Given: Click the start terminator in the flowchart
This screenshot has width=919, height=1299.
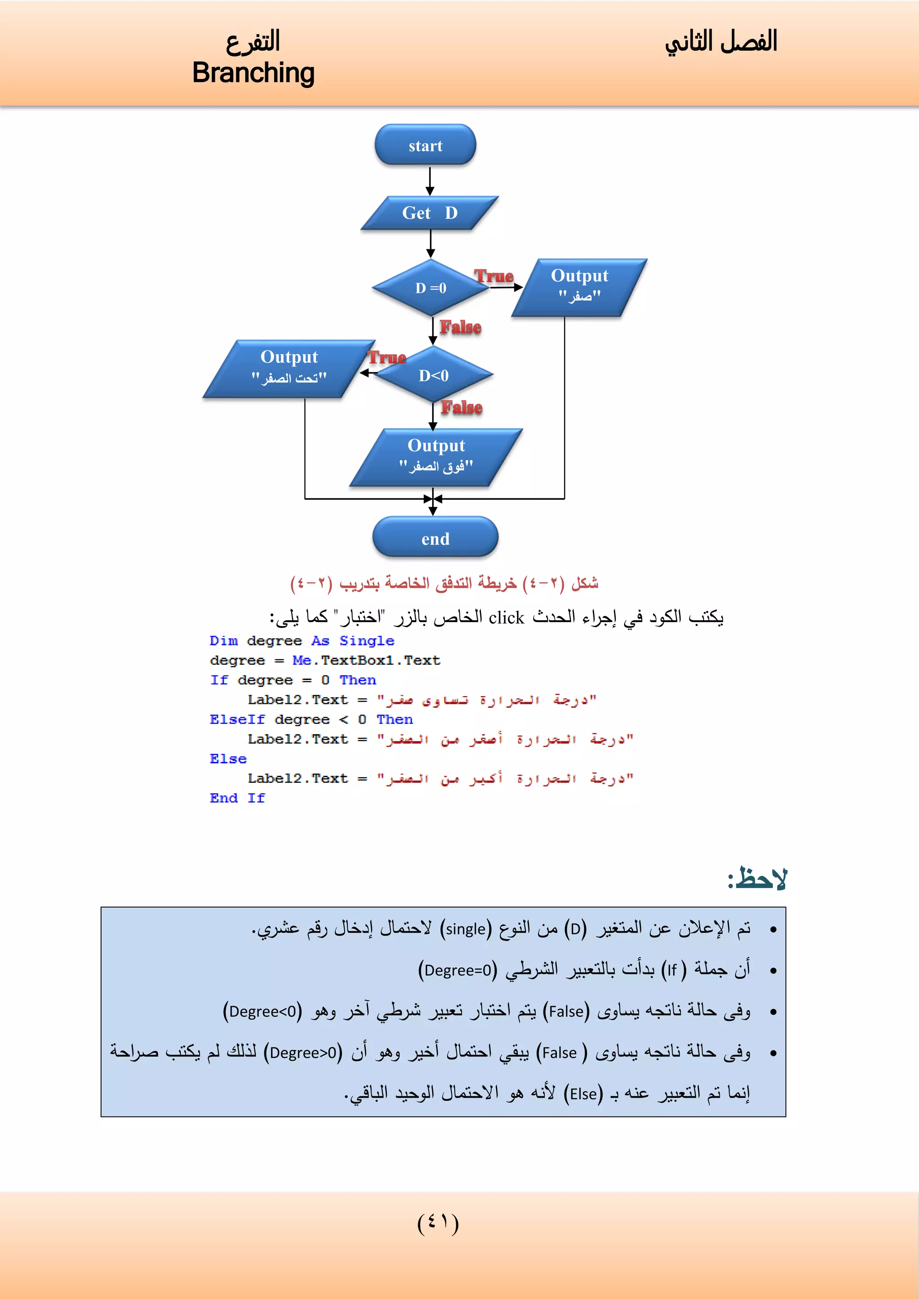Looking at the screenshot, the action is coord(425,145).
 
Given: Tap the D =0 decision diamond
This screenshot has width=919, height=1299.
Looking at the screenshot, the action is coord(431,288).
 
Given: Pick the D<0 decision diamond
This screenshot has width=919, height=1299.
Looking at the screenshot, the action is coord(433,375).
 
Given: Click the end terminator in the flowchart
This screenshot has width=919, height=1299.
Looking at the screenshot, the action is coord(435,538).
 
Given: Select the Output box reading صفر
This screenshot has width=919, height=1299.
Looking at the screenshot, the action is coord(579,287).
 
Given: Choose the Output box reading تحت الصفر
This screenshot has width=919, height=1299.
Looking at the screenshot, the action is coord(289,368).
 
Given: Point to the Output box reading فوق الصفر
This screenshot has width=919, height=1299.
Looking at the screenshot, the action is coord(436,457).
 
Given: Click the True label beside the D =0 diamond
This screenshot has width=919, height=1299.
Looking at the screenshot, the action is coord(494,276).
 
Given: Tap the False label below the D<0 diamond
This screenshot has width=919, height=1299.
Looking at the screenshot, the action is coord(462,407).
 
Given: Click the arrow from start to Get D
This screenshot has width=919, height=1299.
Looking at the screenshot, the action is coord(430,181).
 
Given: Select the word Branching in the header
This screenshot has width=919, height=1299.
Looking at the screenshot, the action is coord(253,73).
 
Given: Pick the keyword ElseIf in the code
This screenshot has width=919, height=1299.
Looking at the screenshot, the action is coord(237,719).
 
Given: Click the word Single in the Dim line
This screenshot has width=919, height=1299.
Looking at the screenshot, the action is coord(366,641).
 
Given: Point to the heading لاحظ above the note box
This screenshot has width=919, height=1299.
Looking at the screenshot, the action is coord(757,879).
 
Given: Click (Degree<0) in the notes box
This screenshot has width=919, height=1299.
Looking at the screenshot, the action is coord(262,1011).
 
